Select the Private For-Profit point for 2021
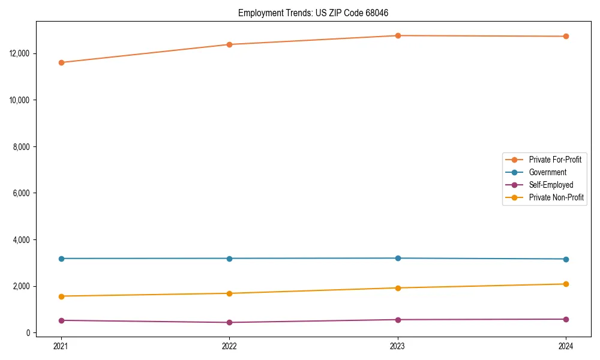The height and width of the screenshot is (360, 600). (61, 62)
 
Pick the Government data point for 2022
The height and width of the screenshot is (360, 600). (229, 259)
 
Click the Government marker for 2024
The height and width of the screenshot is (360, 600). (566, 259)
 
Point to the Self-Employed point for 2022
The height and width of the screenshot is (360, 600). (229, 322)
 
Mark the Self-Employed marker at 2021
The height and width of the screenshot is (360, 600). (61, 320)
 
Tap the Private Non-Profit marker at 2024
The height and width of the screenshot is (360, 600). (566, 284)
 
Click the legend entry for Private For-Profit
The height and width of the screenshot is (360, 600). (555, 160)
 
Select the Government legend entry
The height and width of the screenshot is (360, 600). (547, 172)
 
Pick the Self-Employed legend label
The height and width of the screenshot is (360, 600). (551, 185)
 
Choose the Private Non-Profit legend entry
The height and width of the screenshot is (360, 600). (556, 197)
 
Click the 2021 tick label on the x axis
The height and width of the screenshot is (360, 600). (61, 346)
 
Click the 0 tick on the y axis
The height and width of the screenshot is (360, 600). (28, 333)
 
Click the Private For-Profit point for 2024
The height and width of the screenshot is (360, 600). (566, 36)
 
